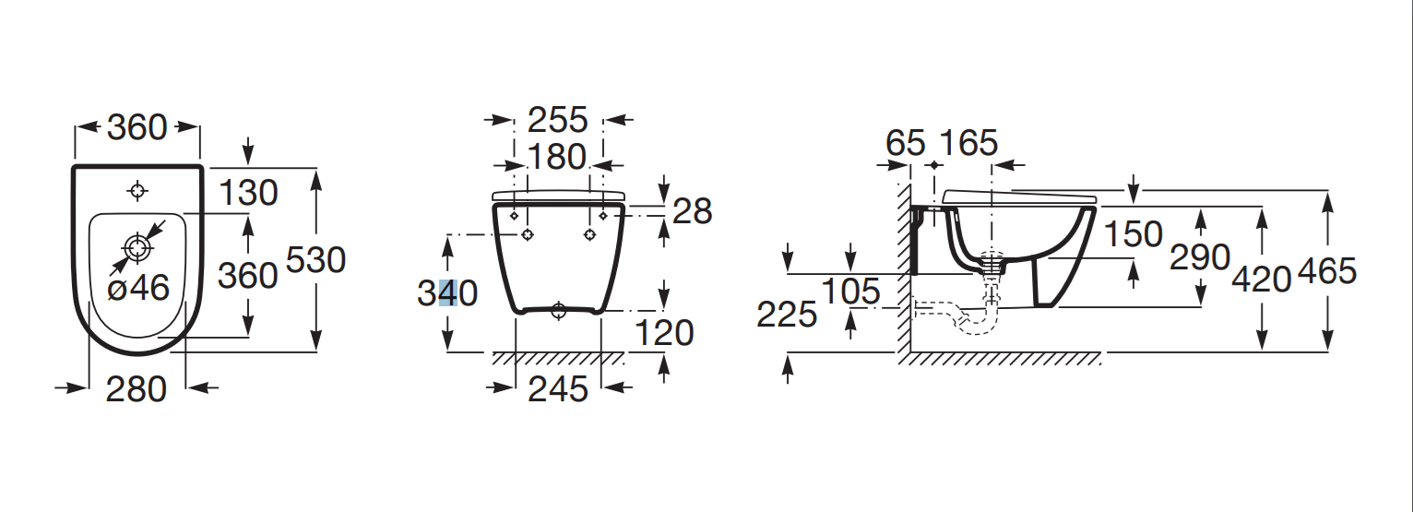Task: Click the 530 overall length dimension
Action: (x=315, y=260)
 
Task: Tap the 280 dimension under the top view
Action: (x=137, y=389)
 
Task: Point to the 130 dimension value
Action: (x=248, y=193)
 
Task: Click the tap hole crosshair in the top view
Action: (x=137, y=191)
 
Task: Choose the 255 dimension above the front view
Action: (x=557, y=120)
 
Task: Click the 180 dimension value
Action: (x=557, y=157)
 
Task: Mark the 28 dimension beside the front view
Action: (x=692, y=211)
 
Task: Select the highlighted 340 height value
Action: (x=447, y=293)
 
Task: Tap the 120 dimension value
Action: (x=664, y=333)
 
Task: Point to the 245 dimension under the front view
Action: (x=557, y=389)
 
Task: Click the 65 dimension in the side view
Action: (x=905, y=143)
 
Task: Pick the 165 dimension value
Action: (x=968, y=143)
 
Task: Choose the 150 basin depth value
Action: (x=1134, y=234)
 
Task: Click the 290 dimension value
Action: (x=1200, y=256)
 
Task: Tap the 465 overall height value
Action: (x=1327, y=271)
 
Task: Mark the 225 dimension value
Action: (x=787, y=315)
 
